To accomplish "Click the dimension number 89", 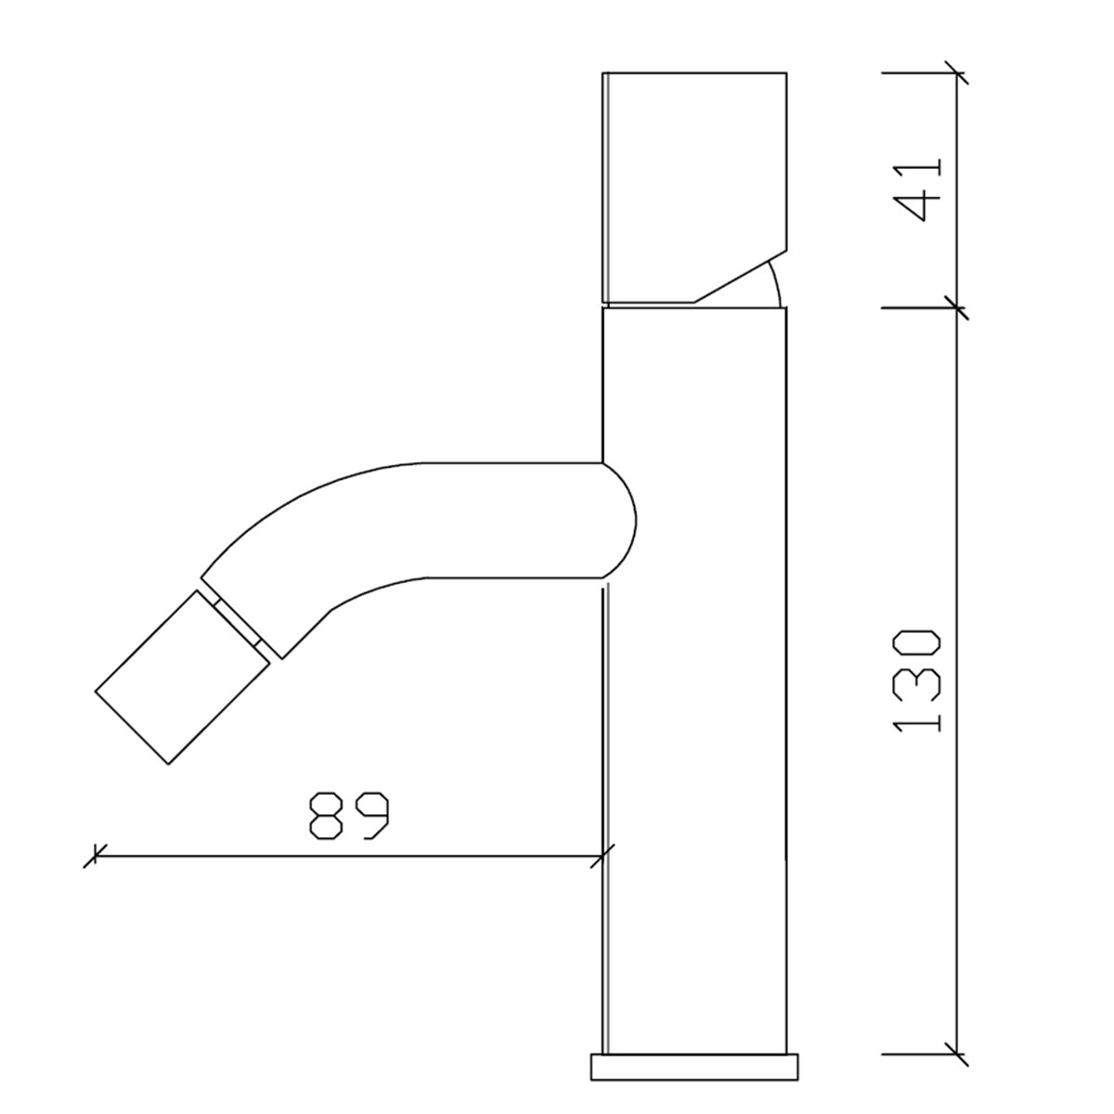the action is click(x=349, y=814).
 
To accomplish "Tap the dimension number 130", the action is click(x=917, y=681).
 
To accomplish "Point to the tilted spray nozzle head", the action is click(x=182, y=677).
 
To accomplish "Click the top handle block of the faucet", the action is click(x=694, y=188).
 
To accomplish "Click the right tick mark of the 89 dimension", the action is click(x=602, y=856).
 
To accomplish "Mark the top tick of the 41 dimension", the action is click(x=956, y=72).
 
